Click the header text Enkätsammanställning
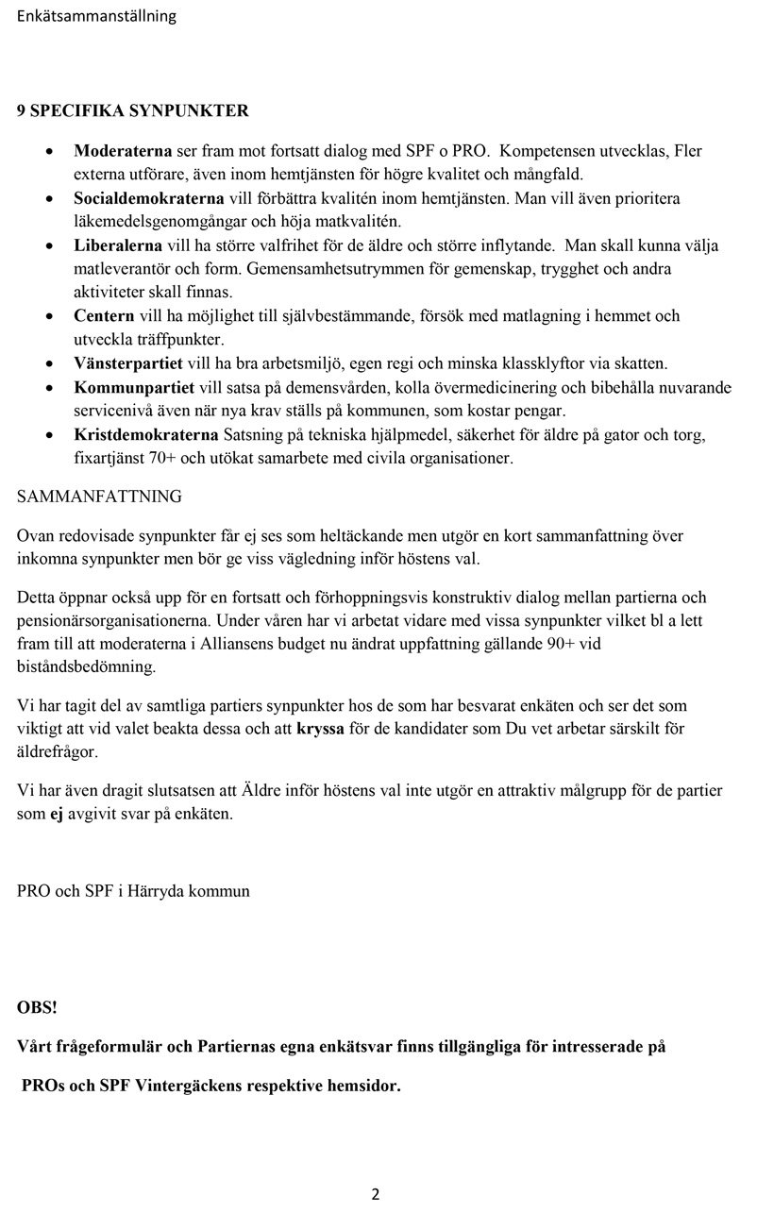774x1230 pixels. [96, 16]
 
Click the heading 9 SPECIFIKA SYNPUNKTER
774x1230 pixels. [133, 110]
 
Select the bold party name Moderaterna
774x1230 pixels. [123, 151]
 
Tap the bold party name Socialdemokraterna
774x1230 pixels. [149, 198]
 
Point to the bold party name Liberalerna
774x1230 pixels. [118, 245]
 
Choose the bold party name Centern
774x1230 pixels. [104, 315]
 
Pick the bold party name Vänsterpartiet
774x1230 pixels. [126, 362]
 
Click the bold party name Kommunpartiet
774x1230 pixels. [134, 387]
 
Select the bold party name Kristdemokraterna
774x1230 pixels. [146, 434]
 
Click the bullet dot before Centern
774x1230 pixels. [49, 316]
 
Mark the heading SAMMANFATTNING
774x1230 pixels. [99, 496]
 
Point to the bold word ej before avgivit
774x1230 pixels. [56, 814]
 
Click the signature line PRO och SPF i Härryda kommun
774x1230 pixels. [133, 890]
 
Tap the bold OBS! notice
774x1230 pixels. [37, 1007]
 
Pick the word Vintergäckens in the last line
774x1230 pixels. [189, 1085]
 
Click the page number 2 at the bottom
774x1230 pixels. [375, 1194]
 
